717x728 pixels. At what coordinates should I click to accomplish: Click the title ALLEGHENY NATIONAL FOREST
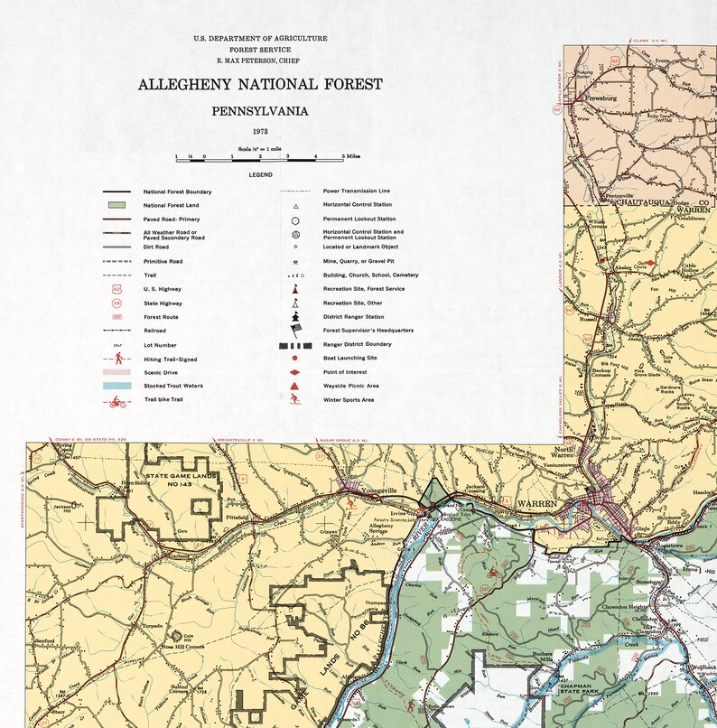(x=260, y=85)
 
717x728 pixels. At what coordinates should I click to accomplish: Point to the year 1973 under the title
(x=260, y=132)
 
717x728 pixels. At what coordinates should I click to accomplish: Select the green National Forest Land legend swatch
(x=116, y=205)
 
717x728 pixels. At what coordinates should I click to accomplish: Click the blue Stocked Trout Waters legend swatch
(x=116, y=386)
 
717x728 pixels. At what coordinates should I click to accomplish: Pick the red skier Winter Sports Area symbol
(x=295, y=399)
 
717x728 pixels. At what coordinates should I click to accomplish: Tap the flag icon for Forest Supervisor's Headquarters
(x=295, y=331)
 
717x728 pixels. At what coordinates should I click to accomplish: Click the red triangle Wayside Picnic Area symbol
(x=295, y=386)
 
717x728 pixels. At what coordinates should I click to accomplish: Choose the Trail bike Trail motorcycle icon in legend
(x=116, y=400)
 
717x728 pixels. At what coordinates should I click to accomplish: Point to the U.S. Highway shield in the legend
(x=116, y=289)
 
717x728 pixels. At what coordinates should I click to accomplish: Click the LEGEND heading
(x=260, y=174)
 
